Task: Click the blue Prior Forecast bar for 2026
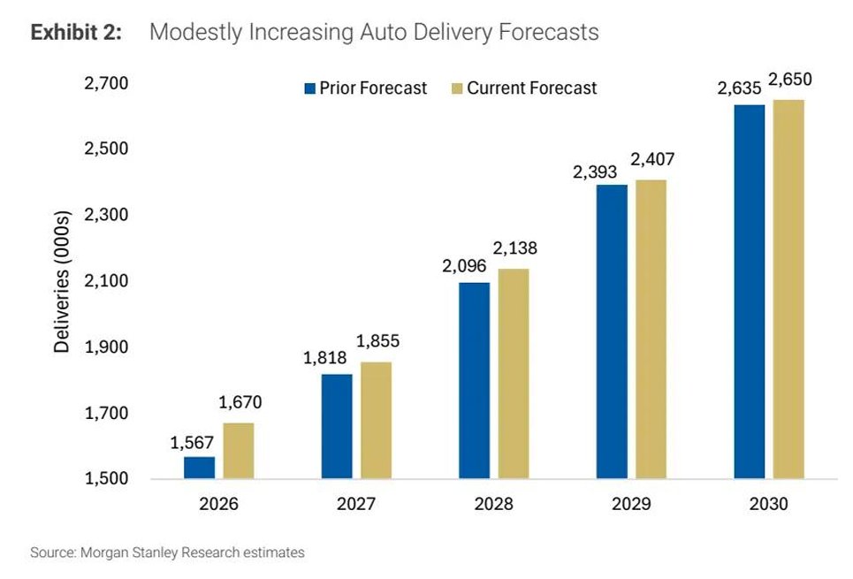(x=199, y=468)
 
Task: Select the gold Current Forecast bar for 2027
(x=376, y=420)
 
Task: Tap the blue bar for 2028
(x=475, y=380)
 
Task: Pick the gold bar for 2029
(x=651, y=329)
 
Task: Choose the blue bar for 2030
(x=749, y=292)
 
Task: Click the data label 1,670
(x=240, y=402)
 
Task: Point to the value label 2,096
(x=464, y=265)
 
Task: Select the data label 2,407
(x=652, y=159)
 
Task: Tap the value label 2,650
(x=790, y=80)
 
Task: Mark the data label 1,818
(x=324, y=357)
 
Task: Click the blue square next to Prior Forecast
(x=310, y=88)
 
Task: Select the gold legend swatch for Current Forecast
(x=457, y=88)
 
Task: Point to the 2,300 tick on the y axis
(x=106, y=215)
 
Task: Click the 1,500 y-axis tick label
(x=106, y=478)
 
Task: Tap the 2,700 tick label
(x=106, y=83)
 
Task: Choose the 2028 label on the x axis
(x=493, y=503)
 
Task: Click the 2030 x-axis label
(x=768, y=503)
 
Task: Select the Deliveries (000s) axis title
(x=62, y=281)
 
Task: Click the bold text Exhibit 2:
(x=76, y=32)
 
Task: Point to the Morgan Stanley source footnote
(x=168, y=552)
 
